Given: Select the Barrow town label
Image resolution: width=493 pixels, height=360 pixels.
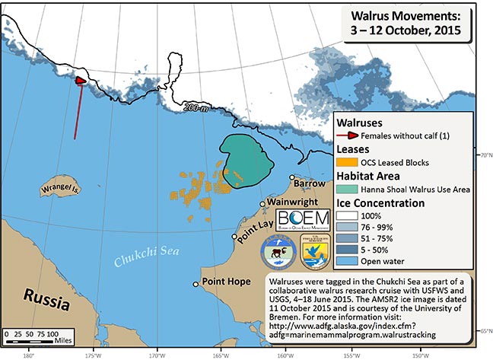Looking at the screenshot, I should point(310,184).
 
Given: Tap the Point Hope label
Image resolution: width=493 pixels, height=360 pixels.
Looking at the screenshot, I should point(227,282).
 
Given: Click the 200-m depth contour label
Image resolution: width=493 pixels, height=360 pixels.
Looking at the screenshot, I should point(196,109).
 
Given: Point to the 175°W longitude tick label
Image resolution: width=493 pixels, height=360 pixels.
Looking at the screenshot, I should point(93,353).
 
